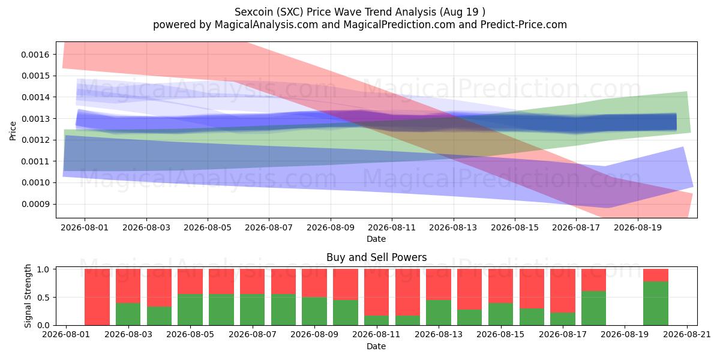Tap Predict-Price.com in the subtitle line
pyautogui.click(x=524, y=25)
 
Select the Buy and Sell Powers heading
pyautogui.click(x=376, y=257)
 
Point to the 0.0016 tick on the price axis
pyautogui.click(x=35, y=55)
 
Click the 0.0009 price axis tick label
pyautogui.click(x=35, y=204)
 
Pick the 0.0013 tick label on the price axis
pyautogui.click(x=35, y=119)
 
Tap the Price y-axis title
pyautogui.click(x=13, y=131)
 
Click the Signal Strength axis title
pyautogui.click(x=28, y=296)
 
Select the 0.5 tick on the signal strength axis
pyautogui.click(x=43, y=298)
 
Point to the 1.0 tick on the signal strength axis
pyautogui.click(x=43, y=269)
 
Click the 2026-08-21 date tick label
pyautogui.click(x=687, y=334)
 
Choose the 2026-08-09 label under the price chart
pyautogui.click(x=331, y=227)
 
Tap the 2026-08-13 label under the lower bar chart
pyautogui.click(x=439, y=334)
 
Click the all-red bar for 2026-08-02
pyautogui.click(x=97, y=297)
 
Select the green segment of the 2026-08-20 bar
pyautogui.click(x=656, y=304)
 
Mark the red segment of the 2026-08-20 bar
pyautogui.click(x=656, y=275)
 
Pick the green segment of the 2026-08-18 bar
pyautogui.click(x=593, y=308)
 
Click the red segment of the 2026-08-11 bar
pyautogui.click(x=376, y=292)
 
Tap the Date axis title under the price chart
pyautogui.click(x=376, y=239)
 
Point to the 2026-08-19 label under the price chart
pyautogui.click(x=638, y=227)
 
